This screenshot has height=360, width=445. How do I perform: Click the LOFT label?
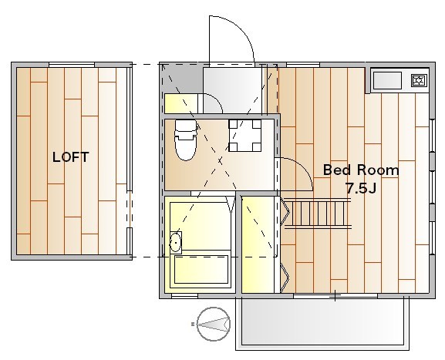tap(71, 157)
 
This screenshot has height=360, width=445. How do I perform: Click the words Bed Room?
tap(361, 170)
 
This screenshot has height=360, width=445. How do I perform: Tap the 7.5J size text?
tap(361, 188)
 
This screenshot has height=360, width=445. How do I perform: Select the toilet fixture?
tap(186, 140)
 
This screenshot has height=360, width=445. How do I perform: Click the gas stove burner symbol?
tap(420, 80)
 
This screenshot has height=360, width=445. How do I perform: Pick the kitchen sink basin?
tap(387, 80)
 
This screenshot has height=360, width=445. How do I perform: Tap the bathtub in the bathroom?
tap(201, 269)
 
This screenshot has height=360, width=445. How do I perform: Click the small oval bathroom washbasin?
tap(176, 242)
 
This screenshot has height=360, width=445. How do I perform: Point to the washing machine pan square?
tap(245, 136)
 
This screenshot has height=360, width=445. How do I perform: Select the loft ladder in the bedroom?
tap(318, 214)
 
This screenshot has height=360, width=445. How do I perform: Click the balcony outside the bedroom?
tap(322, 323)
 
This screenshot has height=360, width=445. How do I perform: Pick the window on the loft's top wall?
tap(72, 65)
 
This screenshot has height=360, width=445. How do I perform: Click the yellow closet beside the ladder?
tap(258, 244)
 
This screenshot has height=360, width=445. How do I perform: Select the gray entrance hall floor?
tap(232, 90)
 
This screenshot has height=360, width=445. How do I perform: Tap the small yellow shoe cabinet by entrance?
tap(181, 103)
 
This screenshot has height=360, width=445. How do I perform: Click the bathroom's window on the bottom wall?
tap(184, 296)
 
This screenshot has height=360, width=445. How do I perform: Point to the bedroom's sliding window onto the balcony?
tap(335, 296)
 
